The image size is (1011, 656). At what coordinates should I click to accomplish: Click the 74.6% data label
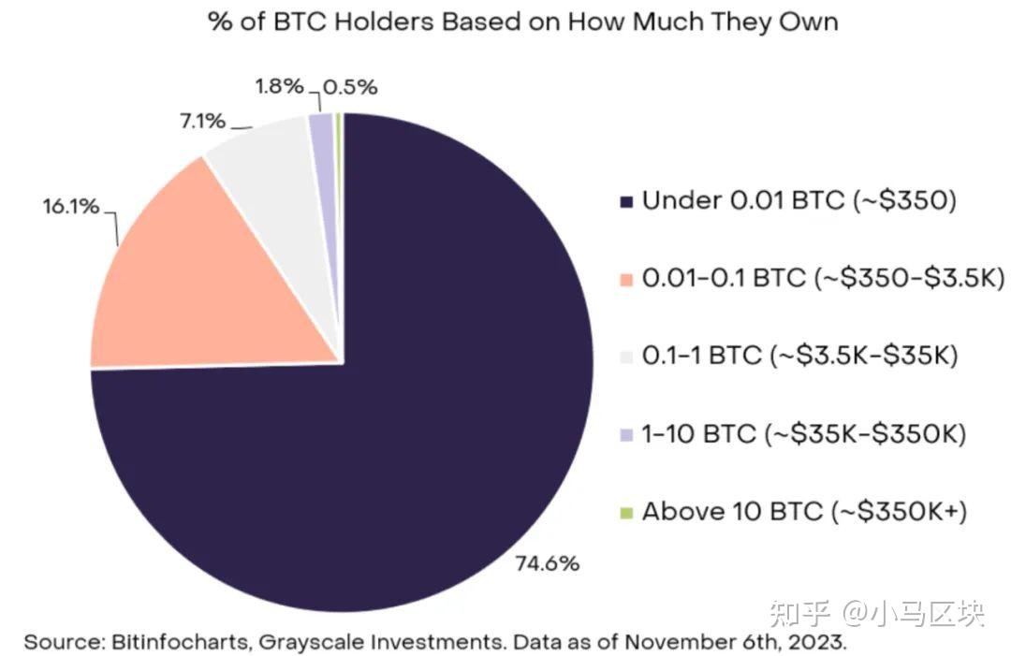click(x=548, y=563)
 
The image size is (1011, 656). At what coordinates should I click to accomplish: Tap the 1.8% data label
click(x=279, y=87)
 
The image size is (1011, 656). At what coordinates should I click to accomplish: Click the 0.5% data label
click(x=351, y=88)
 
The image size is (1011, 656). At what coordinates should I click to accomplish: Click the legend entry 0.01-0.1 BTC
click(x=721, y=279)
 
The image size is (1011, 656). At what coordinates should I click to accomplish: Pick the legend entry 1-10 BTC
click(x=698, y=434)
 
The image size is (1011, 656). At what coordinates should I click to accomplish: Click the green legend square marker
click(x=626, y=513)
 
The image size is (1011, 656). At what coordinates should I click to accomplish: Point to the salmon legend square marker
click(x=626, y=280)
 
